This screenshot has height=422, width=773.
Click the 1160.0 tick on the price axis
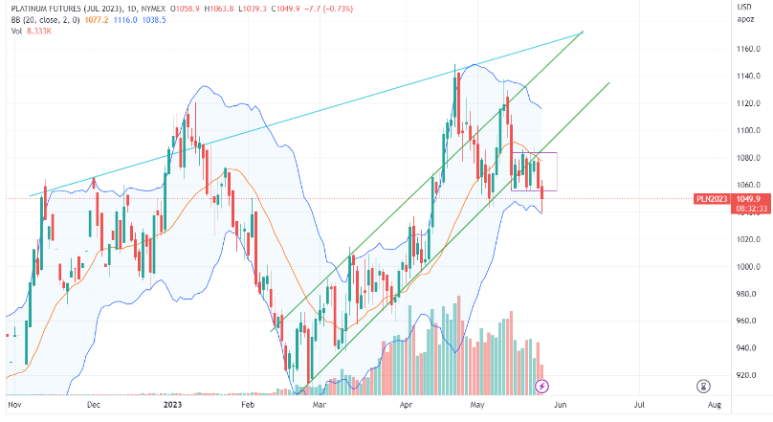point(748,48)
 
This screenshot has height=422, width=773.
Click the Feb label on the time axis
point(249,406)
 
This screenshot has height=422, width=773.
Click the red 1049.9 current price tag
point(749,199)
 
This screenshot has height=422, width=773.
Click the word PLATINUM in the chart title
point(36,8)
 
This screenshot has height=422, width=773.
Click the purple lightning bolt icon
point(542,386)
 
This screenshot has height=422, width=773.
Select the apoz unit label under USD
point(745,19)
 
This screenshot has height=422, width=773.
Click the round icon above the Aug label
point(703,386)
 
